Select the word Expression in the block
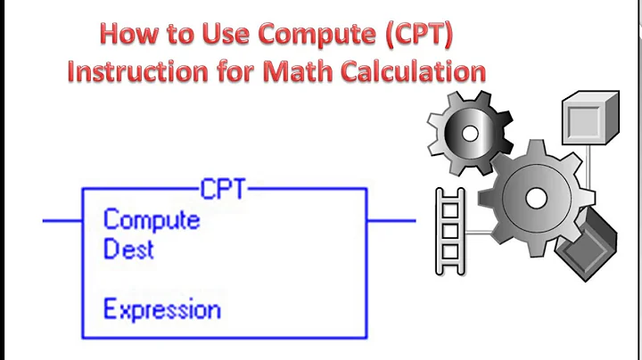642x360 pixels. click(161, 310)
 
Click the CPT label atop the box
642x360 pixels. click(223, 189)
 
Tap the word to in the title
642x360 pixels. click(179, 36)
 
